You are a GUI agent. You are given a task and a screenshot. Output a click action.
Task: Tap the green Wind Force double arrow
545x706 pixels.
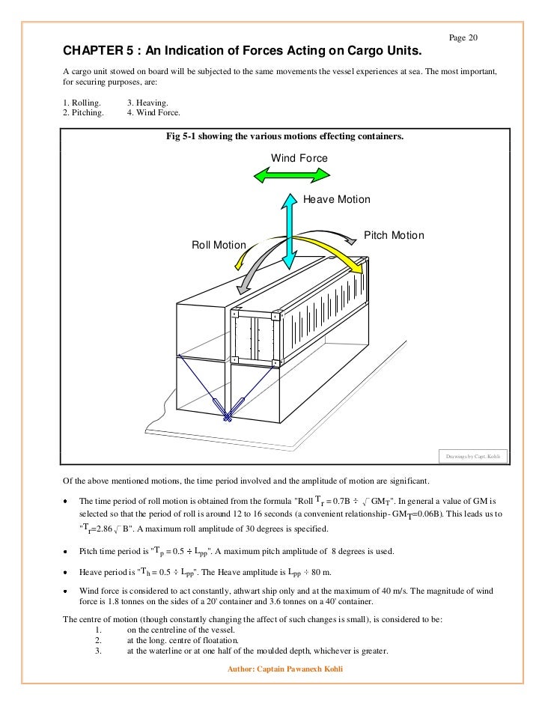[292, 175]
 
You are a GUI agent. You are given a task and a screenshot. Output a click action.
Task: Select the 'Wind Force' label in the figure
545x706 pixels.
[299, 158]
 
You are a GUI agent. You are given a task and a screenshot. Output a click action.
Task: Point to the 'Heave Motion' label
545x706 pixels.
[336, 200]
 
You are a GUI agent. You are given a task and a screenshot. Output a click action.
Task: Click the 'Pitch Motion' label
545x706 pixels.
[394, 236]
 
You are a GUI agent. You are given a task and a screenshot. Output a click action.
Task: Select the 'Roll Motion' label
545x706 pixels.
[219, 245]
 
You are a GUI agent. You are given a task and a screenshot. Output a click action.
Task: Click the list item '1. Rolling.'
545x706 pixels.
[81, 102]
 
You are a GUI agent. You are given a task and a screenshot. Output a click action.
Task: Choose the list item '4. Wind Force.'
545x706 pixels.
[153, 112]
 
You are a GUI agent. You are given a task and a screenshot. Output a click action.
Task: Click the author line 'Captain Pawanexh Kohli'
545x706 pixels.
[299, 669]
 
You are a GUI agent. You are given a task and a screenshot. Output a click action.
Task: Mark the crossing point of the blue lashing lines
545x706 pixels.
[228, 418]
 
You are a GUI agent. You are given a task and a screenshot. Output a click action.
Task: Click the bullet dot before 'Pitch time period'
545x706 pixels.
[66, 553]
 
